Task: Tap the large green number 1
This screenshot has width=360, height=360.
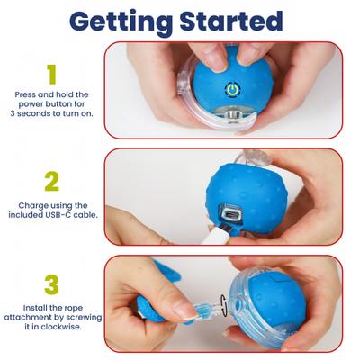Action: [x=51, y=73]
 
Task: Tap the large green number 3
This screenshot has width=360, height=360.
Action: [x=51, y=284]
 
